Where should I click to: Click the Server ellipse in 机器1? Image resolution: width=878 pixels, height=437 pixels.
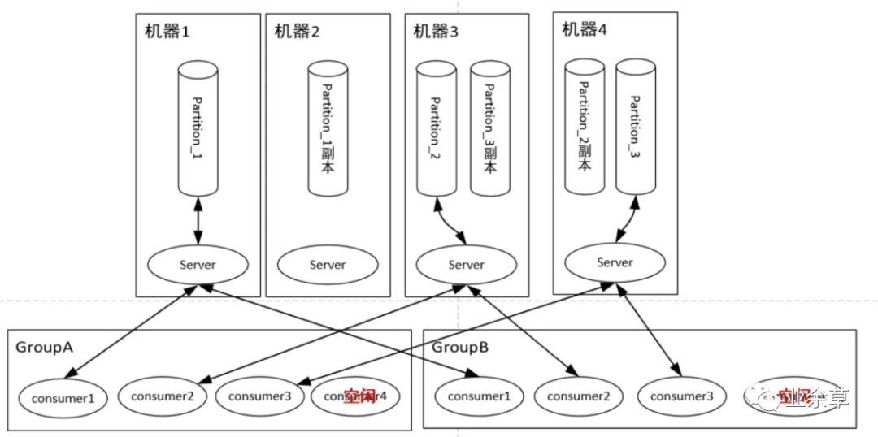click(x=198, y=265)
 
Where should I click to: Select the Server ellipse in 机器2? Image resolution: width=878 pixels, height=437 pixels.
click(x=328, y=265)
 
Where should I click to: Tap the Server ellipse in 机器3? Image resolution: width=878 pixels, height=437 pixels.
click(x=467, y=265)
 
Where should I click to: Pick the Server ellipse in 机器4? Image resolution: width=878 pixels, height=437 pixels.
click(x=615, y=262)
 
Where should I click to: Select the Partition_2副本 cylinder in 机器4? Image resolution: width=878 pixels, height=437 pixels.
click(x=584, y=126)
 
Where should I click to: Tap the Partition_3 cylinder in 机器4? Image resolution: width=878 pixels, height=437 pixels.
click(x=636, y=126)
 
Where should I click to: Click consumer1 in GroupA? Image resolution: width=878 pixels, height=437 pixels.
click(x=63, y=398)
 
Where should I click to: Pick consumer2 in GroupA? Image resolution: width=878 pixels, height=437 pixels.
click(x=166, y=396)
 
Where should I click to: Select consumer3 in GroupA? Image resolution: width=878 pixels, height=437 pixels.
click(x=260, y=396)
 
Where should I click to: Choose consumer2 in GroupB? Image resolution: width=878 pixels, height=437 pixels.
click(x=578, y=396)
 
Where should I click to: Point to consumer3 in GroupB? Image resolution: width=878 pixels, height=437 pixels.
click(x=681, y=396)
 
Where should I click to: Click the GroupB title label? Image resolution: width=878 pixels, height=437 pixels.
click(x=460, y=347)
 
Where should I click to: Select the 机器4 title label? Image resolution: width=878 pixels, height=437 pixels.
click(x=585, y=30)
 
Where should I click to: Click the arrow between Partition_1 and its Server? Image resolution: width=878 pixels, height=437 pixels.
click(x=198, y=219)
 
